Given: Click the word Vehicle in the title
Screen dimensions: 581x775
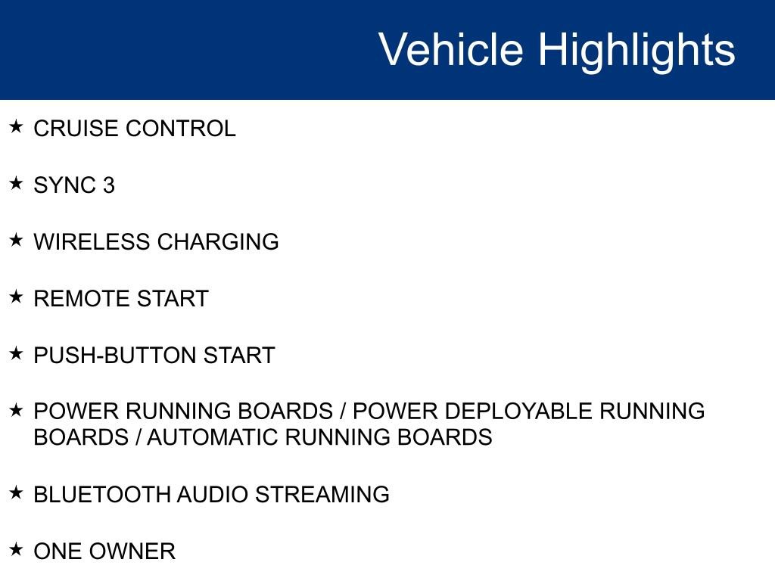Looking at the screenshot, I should (x=450, y=50).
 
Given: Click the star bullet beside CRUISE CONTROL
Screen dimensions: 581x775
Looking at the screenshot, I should (x=17, y=126).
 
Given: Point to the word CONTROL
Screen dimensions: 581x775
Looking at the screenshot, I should (x=181, y=129).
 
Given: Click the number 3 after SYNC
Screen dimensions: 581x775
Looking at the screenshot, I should (x=108, y=185).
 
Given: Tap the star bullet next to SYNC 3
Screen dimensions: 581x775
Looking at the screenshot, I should (x=17, y=183).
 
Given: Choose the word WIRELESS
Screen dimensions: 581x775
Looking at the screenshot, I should (x=92, y=242).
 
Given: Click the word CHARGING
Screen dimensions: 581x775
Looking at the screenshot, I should (x=218, y=242).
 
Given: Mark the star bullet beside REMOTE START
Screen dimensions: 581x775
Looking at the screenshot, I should (x=17, y=297).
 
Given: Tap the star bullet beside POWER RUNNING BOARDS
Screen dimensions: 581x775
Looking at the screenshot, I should (x=17, y=409).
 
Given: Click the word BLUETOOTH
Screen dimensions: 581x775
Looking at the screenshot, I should (x=102, y=495).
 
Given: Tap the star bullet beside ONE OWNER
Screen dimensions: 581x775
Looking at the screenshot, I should (x=17, y=549).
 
